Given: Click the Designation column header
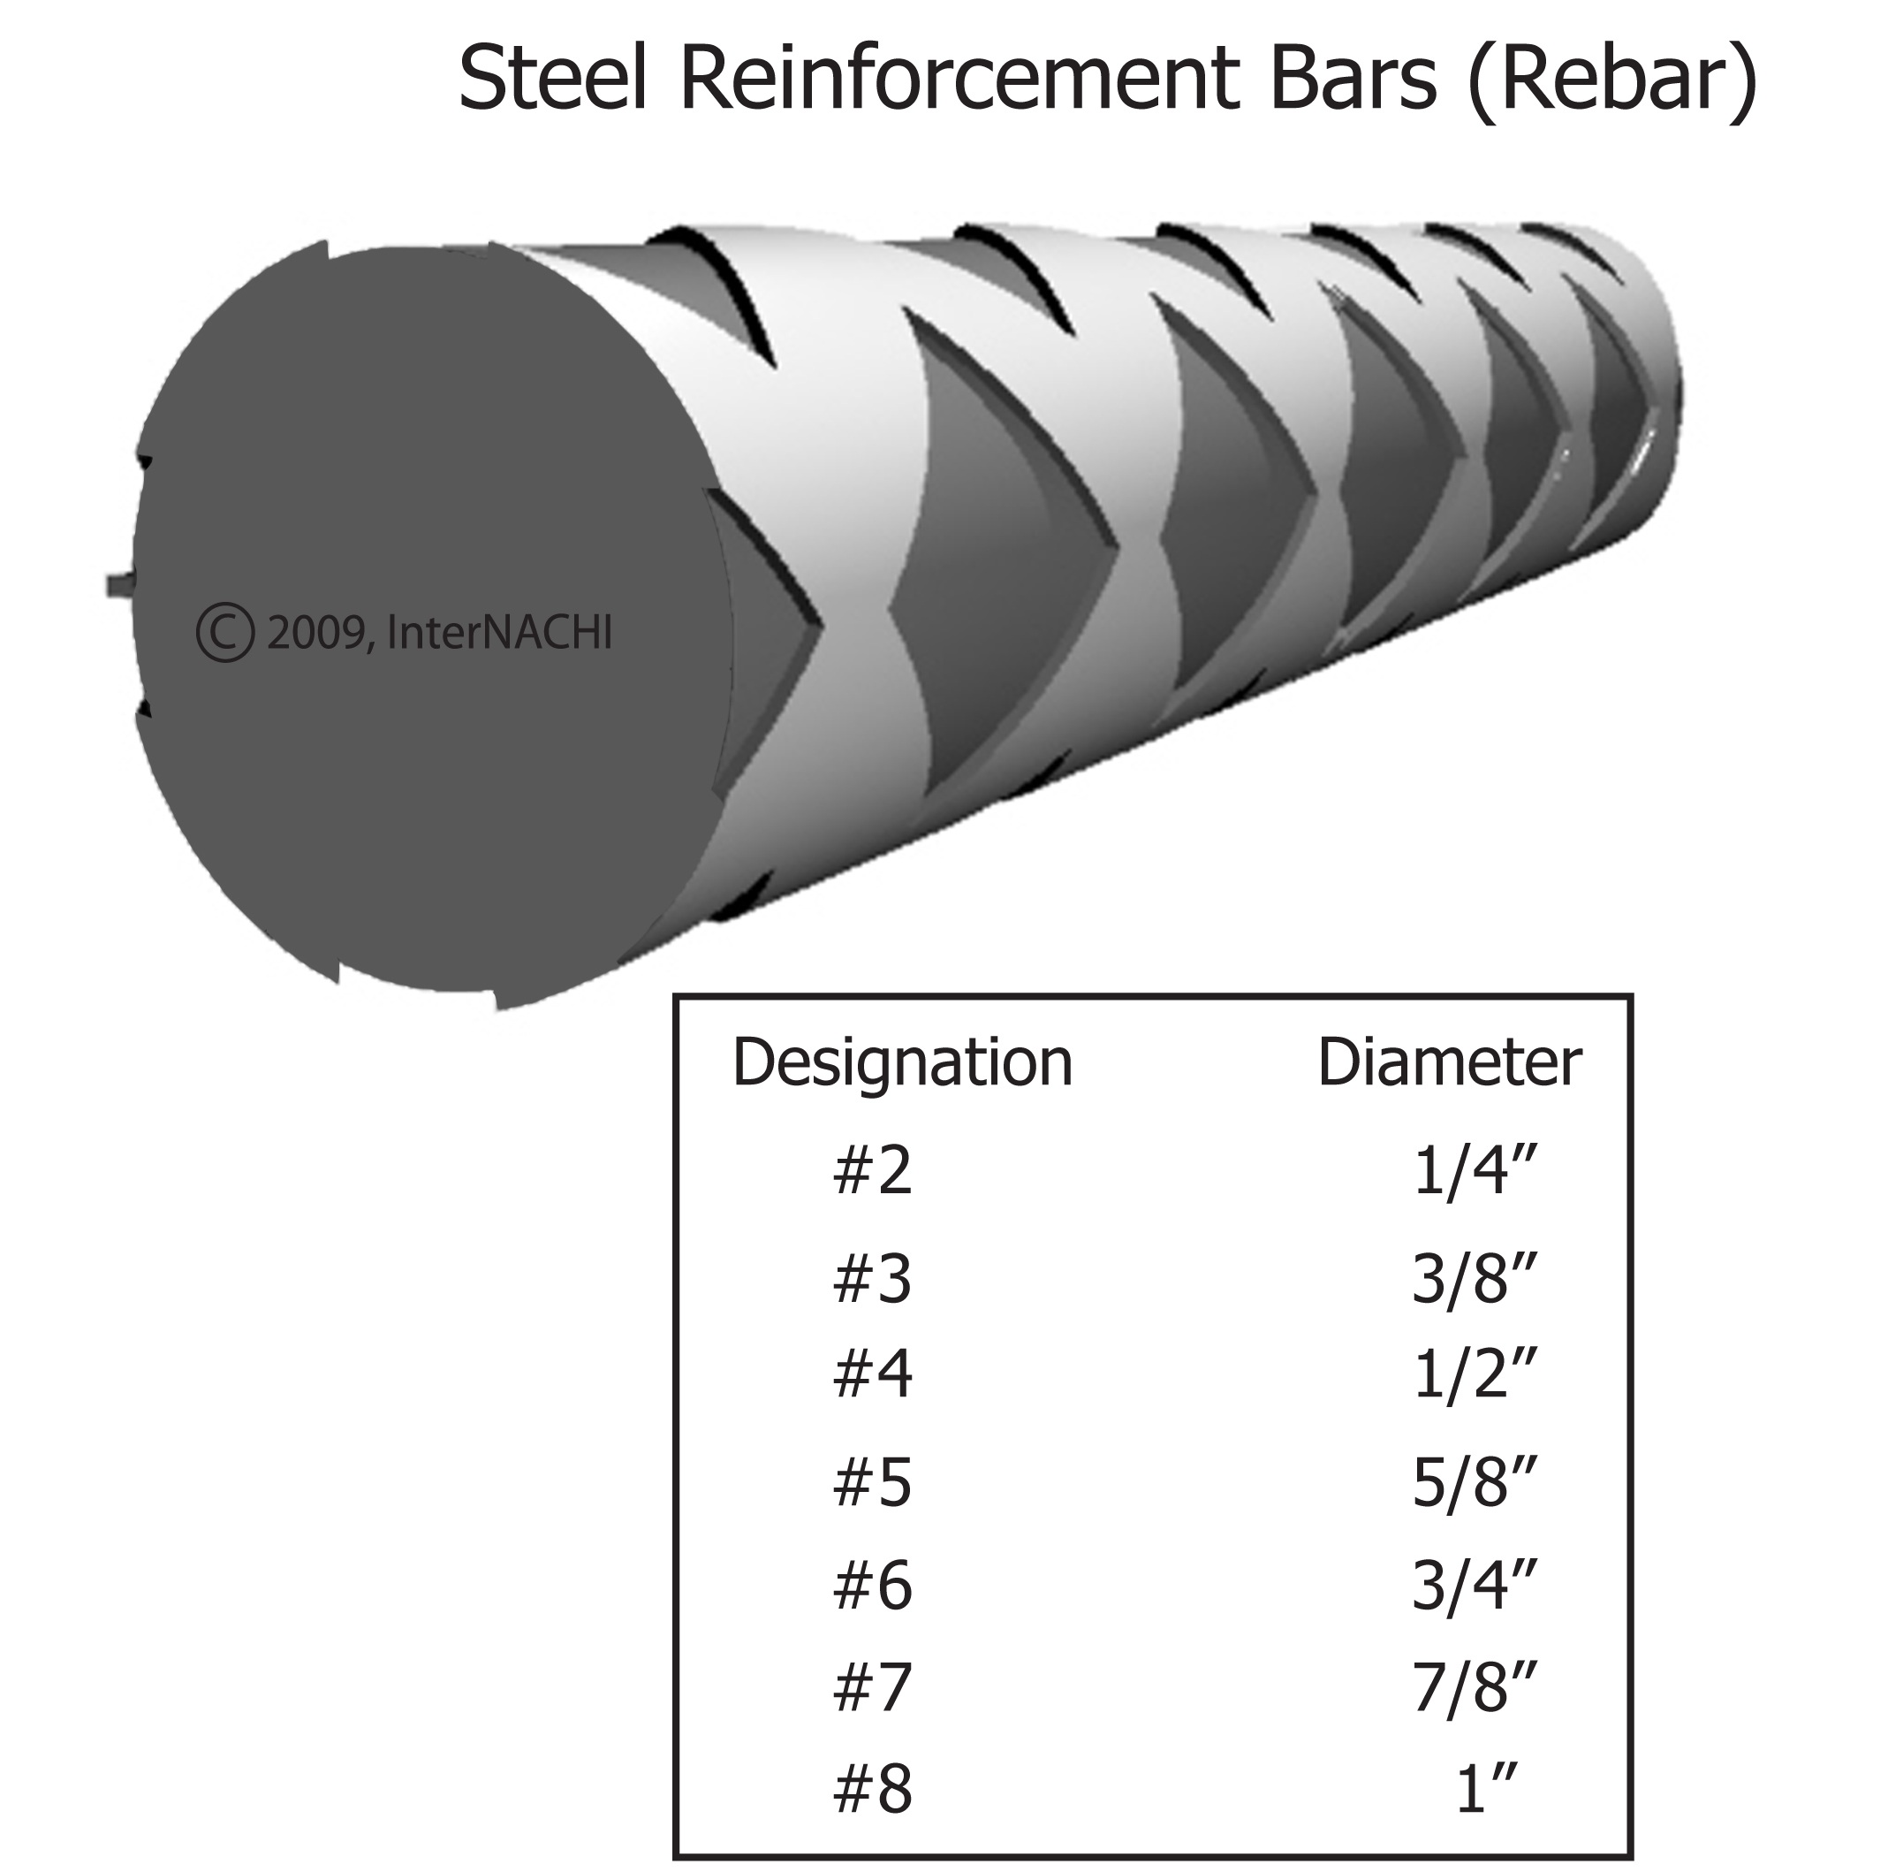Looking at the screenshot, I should [x=902, y=1062].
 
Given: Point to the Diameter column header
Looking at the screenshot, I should [x=1449, y=1062].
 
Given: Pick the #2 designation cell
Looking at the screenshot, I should [x=872, y=1171].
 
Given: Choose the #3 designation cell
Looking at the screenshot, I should [x=872, y=1280].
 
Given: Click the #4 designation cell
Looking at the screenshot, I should [x=872, y=1374].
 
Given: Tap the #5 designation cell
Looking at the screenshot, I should [x=872, y=1483].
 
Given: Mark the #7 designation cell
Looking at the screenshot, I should [x=872, y=1687].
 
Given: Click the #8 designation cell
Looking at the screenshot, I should [x=872, y=1790].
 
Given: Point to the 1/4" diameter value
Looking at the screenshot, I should [x=1475, y=1171].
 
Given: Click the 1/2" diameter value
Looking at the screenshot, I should [x=1475, y=1374].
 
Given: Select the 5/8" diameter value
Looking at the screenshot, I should [x=1475, y=1483].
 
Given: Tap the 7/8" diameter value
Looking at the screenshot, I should [x=1475, y=1687].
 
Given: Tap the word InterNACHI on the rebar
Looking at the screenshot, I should [x=499, y=633].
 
